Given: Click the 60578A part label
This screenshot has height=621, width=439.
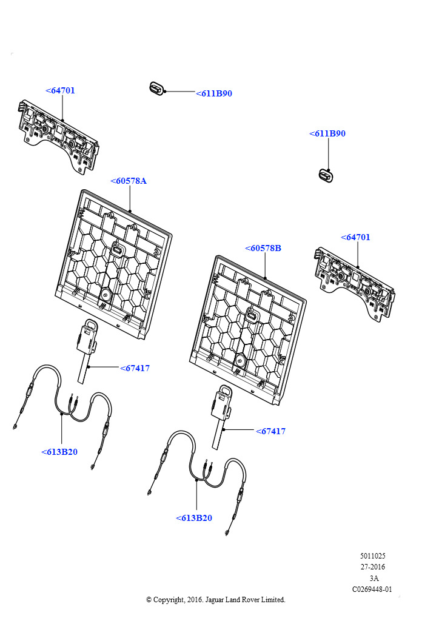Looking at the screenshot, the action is pyautogui.click(x=129, y=181).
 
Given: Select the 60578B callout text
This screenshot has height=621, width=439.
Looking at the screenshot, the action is pyautogui.click(x=263, y=248).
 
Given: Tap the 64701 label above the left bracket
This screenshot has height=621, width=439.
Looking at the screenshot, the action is pyautogui.click(x=60, y=90).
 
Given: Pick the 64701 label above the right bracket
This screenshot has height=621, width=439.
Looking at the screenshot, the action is pyautogui.click(x=355, y=237).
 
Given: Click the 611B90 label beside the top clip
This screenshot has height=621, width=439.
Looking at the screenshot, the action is pyautogui.click(x=214, y=93).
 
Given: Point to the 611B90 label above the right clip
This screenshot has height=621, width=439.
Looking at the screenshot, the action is pyautogui.click(x=327, y=133).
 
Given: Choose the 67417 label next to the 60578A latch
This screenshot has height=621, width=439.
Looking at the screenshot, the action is pyautogui.click(x=135, y=368).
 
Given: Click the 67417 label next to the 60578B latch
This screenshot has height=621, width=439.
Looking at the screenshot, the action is pyautogui.click(x=271, y=431).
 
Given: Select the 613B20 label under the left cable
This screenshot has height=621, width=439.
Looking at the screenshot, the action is pyautogui.click(x=59, y=452).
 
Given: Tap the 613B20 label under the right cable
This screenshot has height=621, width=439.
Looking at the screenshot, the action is pyautogui.click(x=194, y=518).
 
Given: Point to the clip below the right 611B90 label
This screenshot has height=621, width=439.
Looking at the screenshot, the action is pyautogui.click(x=326, y=175).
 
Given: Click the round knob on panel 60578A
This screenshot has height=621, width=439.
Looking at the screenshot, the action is pyautogui.click(x=106, y=294).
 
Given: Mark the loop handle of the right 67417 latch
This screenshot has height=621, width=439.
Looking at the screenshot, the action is pyautogui.click(x=225, y=391).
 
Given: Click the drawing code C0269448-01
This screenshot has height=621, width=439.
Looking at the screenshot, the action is pyautogui.click(x=372, y=589).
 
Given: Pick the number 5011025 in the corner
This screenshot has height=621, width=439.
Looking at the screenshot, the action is pyautogui.click(x=372, y=556).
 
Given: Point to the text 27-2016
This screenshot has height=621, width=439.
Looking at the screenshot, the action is pyautogui.click(x=372, y=567).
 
